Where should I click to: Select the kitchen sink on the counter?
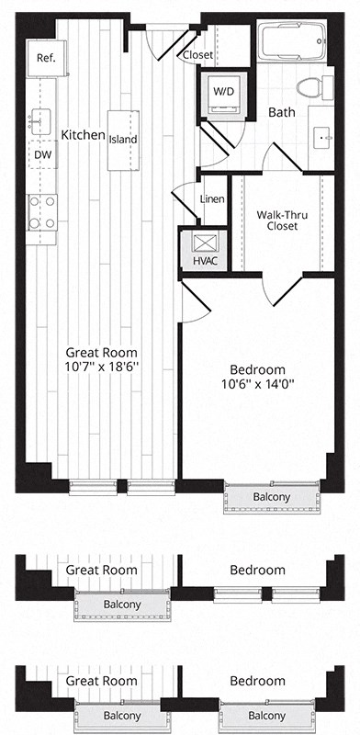pyautogui.click(x=40, y=118)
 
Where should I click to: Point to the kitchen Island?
pyautogui.click(x=122, y=140)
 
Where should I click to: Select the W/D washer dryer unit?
pyautogui.click(x=223, y=93)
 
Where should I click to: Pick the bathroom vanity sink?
pyautogui.click(x=324, y=140)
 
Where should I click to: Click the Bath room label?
pyautogui.click(x=280, y=112)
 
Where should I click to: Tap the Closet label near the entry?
pyautogui.click(x=197, y=55)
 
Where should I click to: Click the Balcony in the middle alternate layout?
pyautogui.click(x=121, y=605)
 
